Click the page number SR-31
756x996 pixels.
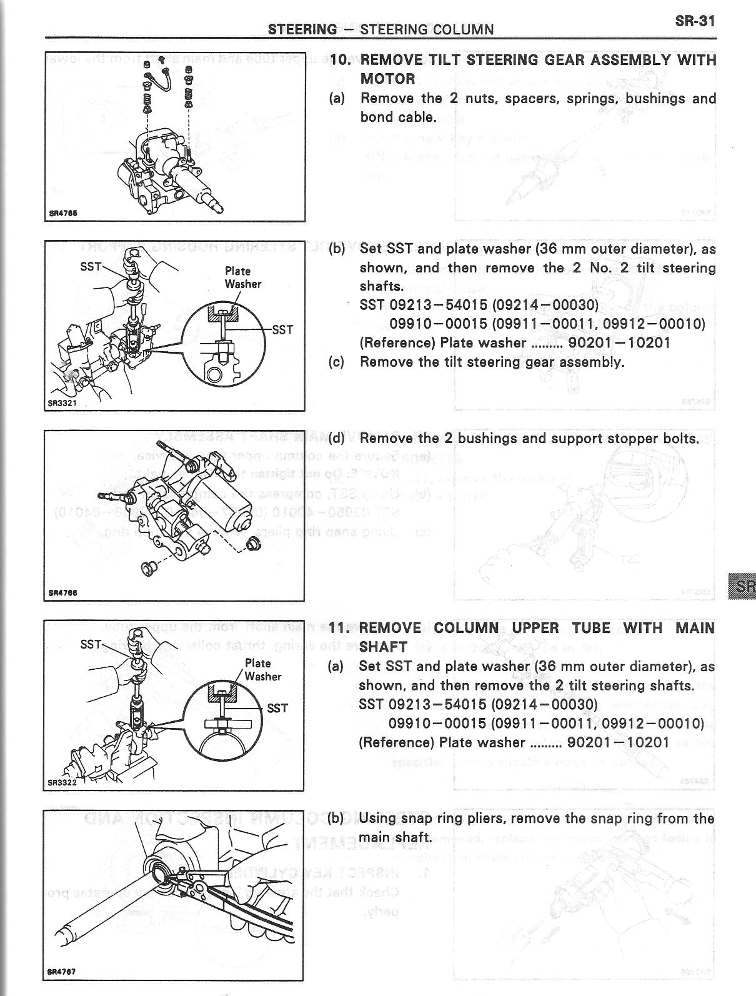[x=694, y=20]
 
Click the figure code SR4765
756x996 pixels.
[x=63, y=212]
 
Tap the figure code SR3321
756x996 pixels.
[x=62, y=403]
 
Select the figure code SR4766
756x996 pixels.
[x=63, y=593]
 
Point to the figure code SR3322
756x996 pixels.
[x=62, y=782]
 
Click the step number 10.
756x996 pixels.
[x=341, y=60]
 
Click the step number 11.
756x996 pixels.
[x=341, y=627]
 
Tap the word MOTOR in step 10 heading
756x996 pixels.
[x=387, y=79]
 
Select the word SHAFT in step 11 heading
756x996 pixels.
[x=384, y=646]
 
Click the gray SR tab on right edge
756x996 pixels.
[x=742, y=586]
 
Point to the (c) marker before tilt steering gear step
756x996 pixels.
[x=337, y=362]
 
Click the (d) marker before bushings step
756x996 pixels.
[x=337, y=438]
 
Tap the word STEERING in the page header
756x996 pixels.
[x=302, y=29]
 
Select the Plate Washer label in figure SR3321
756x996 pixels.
[x=242, y=277]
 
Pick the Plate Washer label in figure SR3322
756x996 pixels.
[x=262, y=670]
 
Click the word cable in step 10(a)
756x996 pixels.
[x=417, y=117]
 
